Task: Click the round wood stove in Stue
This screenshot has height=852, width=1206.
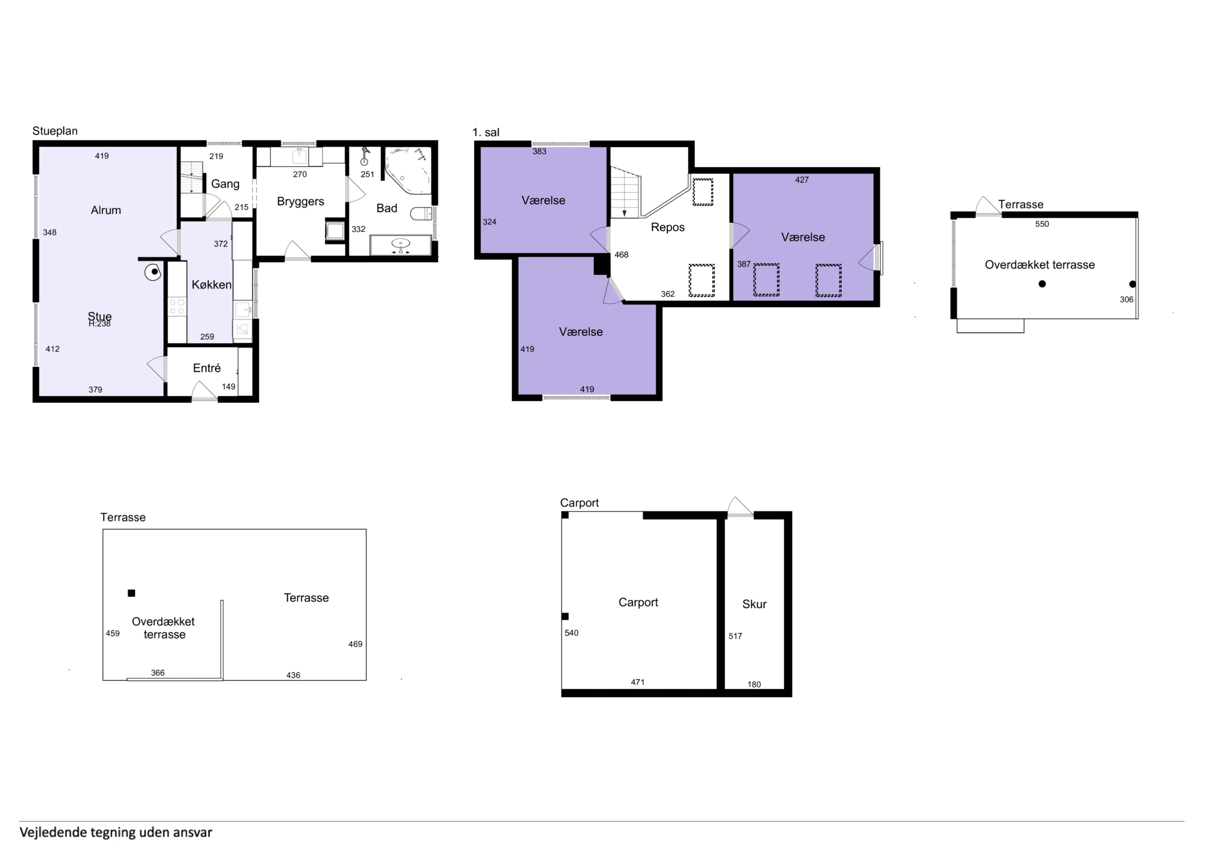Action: [153, 272]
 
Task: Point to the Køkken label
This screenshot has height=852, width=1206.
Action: [211, 285]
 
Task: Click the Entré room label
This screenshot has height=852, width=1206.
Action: [206, 368]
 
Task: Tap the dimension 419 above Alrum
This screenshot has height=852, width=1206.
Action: [101, 156]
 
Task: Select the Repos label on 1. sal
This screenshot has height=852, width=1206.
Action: [668, 227]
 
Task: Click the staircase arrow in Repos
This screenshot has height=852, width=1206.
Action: [624, 212]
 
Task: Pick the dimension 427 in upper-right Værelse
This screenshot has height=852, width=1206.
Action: [801, 180]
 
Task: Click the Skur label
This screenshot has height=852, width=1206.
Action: [754, 604]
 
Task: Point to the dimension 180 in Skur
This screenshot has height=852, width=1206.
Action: [754, 684]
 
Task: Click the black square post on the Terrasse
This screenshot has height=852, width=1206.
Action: [131, 593]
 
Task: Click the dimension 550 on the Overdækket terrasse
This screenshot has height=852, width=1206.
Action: [1042, 224]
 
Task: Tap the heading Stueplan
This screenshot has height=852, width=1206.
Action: [55, 131]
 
